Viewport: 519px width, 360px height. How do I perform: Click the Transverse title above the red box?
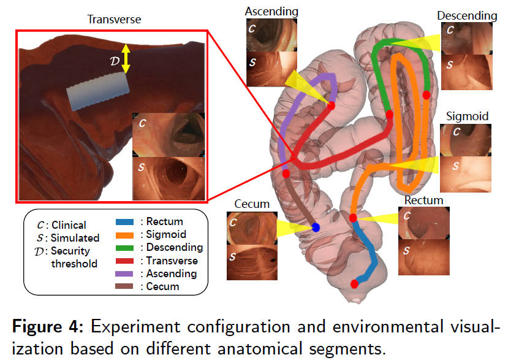pyautogui.click(x=114, y=20)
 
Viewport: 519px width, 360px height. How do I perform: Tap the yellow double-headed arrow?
pyautogui.click(x=125, y=58)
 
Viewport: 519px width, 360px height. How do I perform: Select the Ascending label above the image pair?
pyautogui.click(x=271, y=11)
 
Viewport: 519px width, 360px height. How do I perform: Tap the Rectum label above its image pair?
pyautogui.click(x=423, y=200)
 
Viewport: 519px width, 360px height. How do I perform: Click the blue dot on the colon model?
pyautogui.click(x=316, y=228)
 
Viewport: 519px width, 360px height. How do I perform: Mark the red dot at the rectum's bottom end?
pyautogui.click(x=354, y=283)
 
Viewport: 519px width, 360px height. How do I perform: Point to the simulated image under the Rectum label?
pyautogui.click(x=424, y=256)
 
